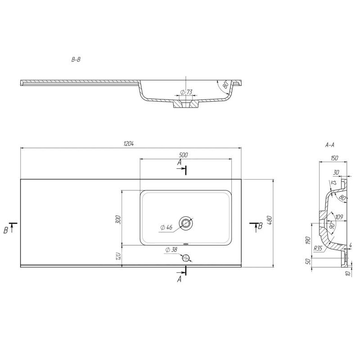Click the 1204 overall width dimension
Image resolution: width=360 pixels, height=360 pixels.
(128, 144)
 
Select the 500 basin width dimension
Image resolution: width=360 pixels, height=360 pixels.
(183, 155)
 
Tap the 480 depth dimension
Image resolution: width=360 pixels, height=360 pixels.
(269, 220)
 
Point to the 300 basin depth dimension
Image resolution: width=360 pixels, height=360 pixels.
(118, 220)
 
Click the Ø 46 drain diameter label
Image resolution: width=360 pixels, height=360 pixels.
(166, 227)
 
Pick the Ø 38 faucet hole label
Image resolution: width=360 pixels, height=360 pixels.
(171, 249)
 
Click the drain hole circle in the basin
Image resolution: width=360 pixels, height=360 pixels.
(186, 223)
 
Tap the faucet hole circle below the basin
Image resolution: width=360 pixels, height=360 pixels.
(186, 258)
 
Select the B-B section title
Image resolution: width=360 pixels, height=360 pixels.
(76, 60)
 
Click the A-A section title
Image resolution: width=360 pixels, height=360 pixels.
(330, 145)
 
